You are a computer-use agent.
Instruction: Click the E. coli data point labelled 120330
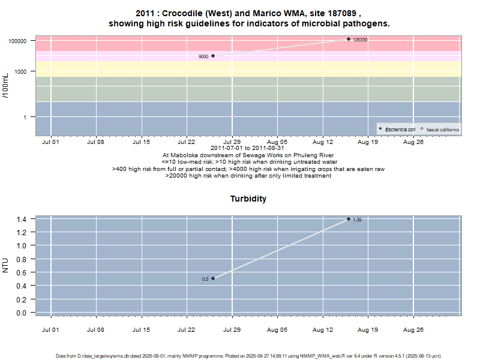coord(349,39)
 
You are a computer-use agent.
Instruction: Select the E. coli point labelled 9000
coord(213,56)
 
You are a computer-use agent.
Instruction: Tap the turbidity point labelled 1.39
coord(349,219)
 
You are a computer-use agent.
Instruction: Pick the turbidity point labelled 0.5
coord(213,278)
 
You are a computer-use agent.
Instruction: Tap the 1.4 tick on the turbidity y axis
coord(22,219)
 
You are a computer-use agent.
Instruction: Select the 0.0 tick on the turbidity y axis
coord(22,313)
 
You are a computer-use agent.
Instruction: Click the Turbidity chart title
coord(248,199)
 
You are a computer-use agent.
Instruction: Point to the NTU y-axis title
coord(6,265)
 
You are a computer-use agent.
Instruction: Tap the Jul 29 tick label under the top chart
coord(232,142)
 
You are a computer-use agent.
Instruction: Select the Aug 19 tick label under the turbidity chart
coord(368,329)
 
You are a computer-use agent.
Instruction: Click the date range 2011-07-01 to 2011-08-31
coord(248,148)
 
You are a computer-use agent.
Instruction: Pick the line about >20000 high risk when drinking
coord(248,176)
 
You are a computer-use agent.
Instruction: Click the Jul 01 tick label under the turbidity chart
coord(50,329)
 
